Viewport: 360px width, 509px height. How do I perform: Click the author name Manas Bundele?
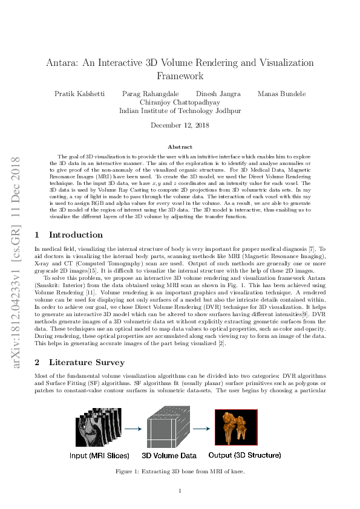point(281,94)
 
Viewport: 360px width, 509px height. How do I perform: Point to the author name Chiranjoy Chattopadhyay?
point(180,102)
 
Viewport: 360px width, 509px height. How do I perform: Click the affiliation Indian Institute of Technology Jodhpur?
point(180,111)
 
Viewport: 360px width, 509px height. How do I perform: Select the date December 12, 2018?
point(180,126)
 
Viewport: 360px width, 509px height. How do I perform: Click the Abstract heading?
point(180,147)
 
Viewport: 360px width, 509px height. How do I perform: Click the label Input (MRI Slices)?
point(99,455)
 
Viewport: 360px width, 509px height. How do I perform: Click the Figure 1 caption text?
point(180,471)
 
